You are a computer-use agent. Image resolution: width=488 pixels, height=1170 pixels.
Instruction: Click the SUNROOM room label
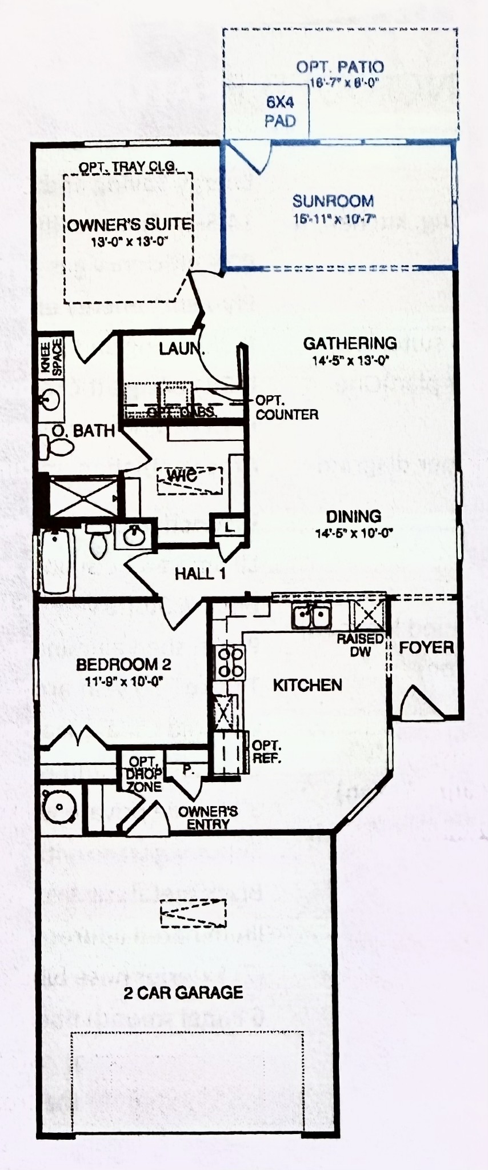coord(333,201)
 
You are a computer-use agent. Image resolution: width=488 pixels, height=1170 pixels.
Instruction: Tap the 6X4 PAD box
coord(279,112)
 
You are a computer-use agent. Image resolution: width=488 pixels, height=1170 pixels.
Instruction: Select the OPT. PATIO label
coord(339,67)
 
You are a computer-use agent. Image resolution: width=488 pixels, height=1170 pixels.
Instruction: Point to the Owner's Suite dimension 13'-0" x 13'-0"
coord(129,242)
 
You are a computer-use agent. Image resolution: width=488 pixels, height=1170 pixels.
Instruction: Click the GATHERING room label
coord(350,343)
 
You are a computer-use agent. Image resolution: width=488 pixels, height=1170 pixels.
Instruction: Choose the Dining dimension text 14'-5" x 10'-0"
coord(354,534)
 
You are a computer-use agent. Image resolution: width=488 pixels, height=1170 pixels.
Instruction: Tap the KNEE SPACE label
coord(51,358)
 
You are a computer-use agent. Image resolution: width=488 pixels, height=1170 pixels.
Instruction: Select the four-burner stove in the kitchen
coord(230,662)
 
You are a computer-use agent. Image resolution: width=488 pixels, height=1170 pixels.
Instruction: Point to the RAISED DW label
coord(360,644)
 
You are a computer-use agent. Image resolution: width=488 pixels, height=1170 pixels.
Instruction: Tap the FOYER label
coord(426,647)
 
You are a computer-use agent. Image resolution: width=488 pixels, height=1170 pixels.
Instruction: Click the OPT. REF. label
coord(266,752)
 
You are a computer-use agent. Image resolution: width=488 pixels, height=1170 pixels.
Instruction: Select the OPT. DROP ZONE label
coord(143,774)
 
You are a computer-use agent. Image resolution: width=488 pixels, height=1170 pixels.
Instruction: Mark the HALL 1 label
coord(200,574)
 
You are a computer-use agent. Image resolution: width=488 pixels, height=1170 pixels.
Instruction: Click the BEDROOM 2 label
coord(123,664)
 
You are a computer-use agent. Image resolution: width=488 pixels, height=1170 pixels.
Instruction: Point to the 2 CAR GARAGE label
coord(183,992)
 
